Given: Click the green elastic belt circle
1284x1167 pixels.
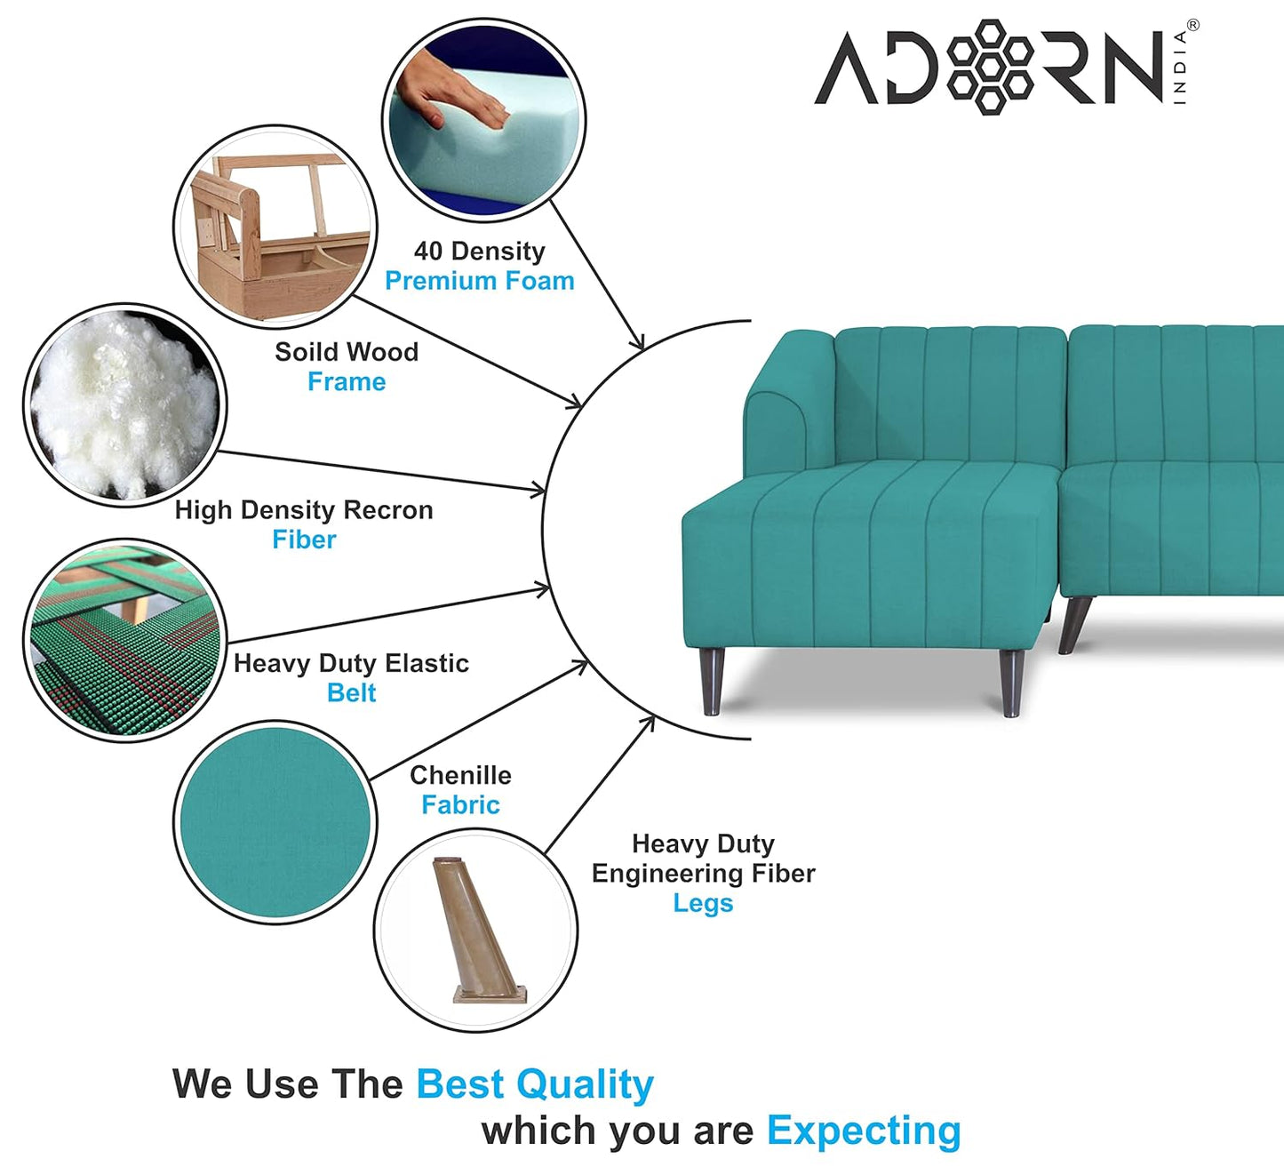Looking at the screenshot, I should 124,640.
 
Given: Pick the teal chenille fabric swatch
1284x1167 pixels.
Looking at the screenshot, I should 275,822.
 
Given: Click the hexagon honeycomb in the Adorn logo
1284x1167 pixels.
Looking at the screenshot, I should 989,67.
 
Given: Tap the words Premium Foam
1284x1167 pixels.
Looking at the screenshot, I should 479,281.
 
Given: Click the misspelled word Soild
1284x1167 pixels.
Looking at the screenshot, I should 306,352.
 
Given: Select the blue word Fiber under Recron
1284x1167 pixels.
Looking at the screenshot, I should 304,540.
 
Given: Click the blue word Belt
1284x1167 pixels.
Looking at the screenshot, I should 351,692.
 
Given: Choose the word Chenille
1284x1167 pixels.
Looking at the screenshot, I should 460,775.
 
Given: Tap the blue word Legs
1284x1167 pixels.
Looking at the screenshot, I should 703,903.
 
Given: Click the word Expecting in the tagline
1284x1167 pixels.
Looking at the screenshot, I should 864,1131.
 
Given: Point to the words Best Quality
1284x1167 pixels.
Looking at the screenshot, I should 535,1084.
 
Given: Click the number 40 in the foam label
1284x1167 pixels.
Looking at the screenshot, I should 428,252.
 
